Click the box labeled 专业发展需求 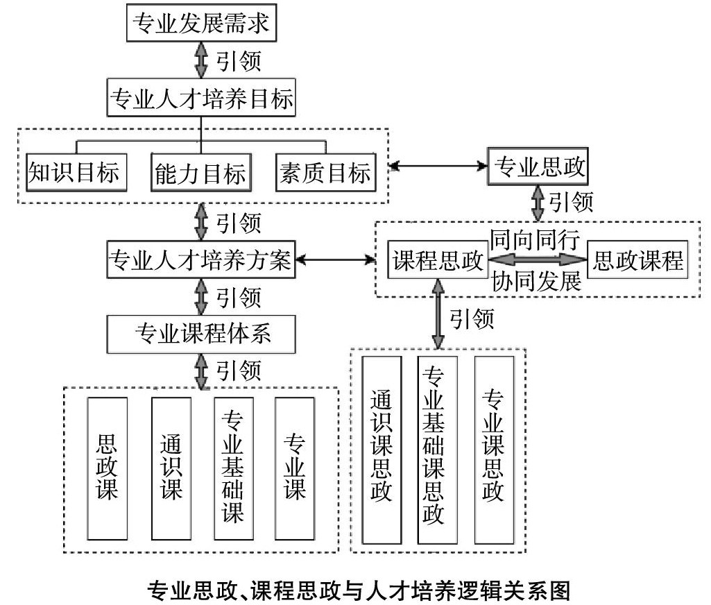coord(202,25)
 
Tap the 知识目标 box coord(73,171)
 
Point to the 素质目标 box coord(324,171)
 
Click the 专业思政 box coord(538,167)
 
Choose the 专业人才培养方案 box coord(202,261)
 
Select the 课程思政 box coord(438,261)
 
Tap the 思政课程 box coord(637,261)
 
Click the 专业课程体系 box coord(202,334)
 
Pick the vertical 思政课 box coord(108,468)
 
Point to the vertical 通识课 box coord(171,468)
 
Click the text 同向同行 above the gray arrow coord(535,239)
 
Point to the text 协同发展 coord(535,282)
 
